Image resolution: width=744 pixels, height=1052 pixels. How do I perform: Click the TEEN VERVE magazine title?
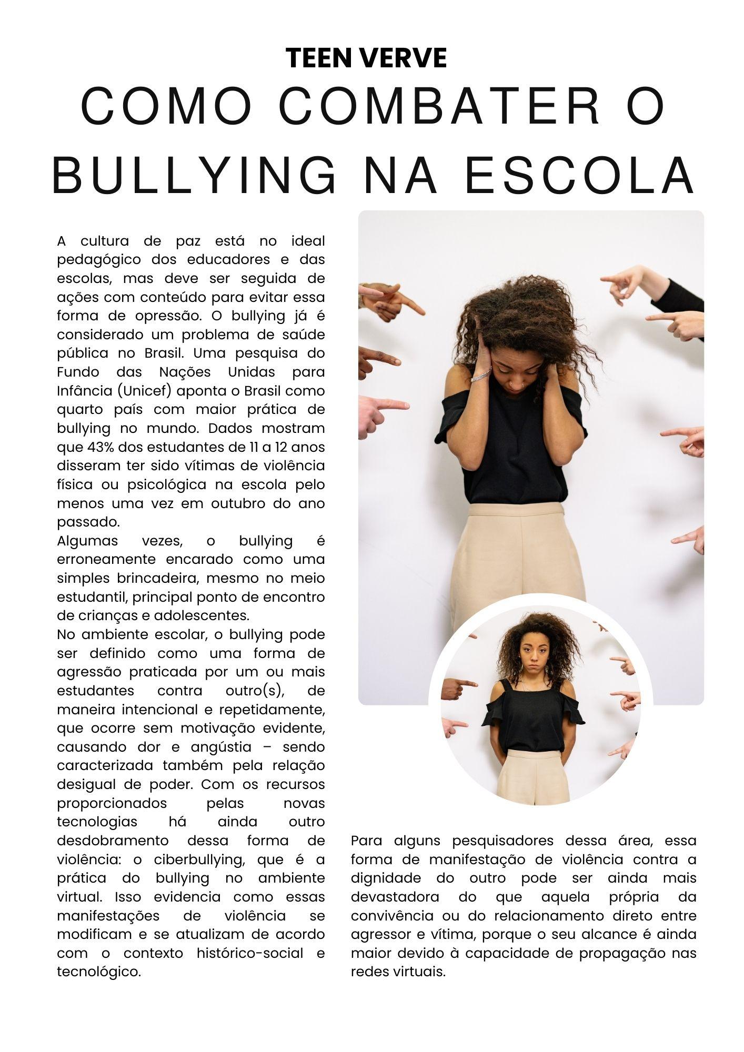pyautogui.click(x=366, y=58)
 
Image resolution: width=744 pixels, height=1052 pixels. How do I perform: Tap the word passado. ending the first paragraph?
pyautogui.click(x=88, y=522)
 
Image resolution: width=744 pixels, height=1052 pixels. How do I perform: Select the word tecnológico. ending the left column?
pyautogui.click(x=99, y=972)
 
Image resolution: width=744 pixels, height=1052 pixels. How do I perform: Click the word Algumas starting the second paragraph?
pyautogui.click(x=87, y=541)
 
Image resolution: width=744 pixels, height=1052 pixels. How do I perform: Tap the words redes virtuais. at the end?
pyautogui.click(x=398, y=972)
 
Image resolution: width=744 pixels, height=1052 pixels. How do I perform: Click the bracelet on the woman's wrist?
pyautogui.click(x=480, y=376)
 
